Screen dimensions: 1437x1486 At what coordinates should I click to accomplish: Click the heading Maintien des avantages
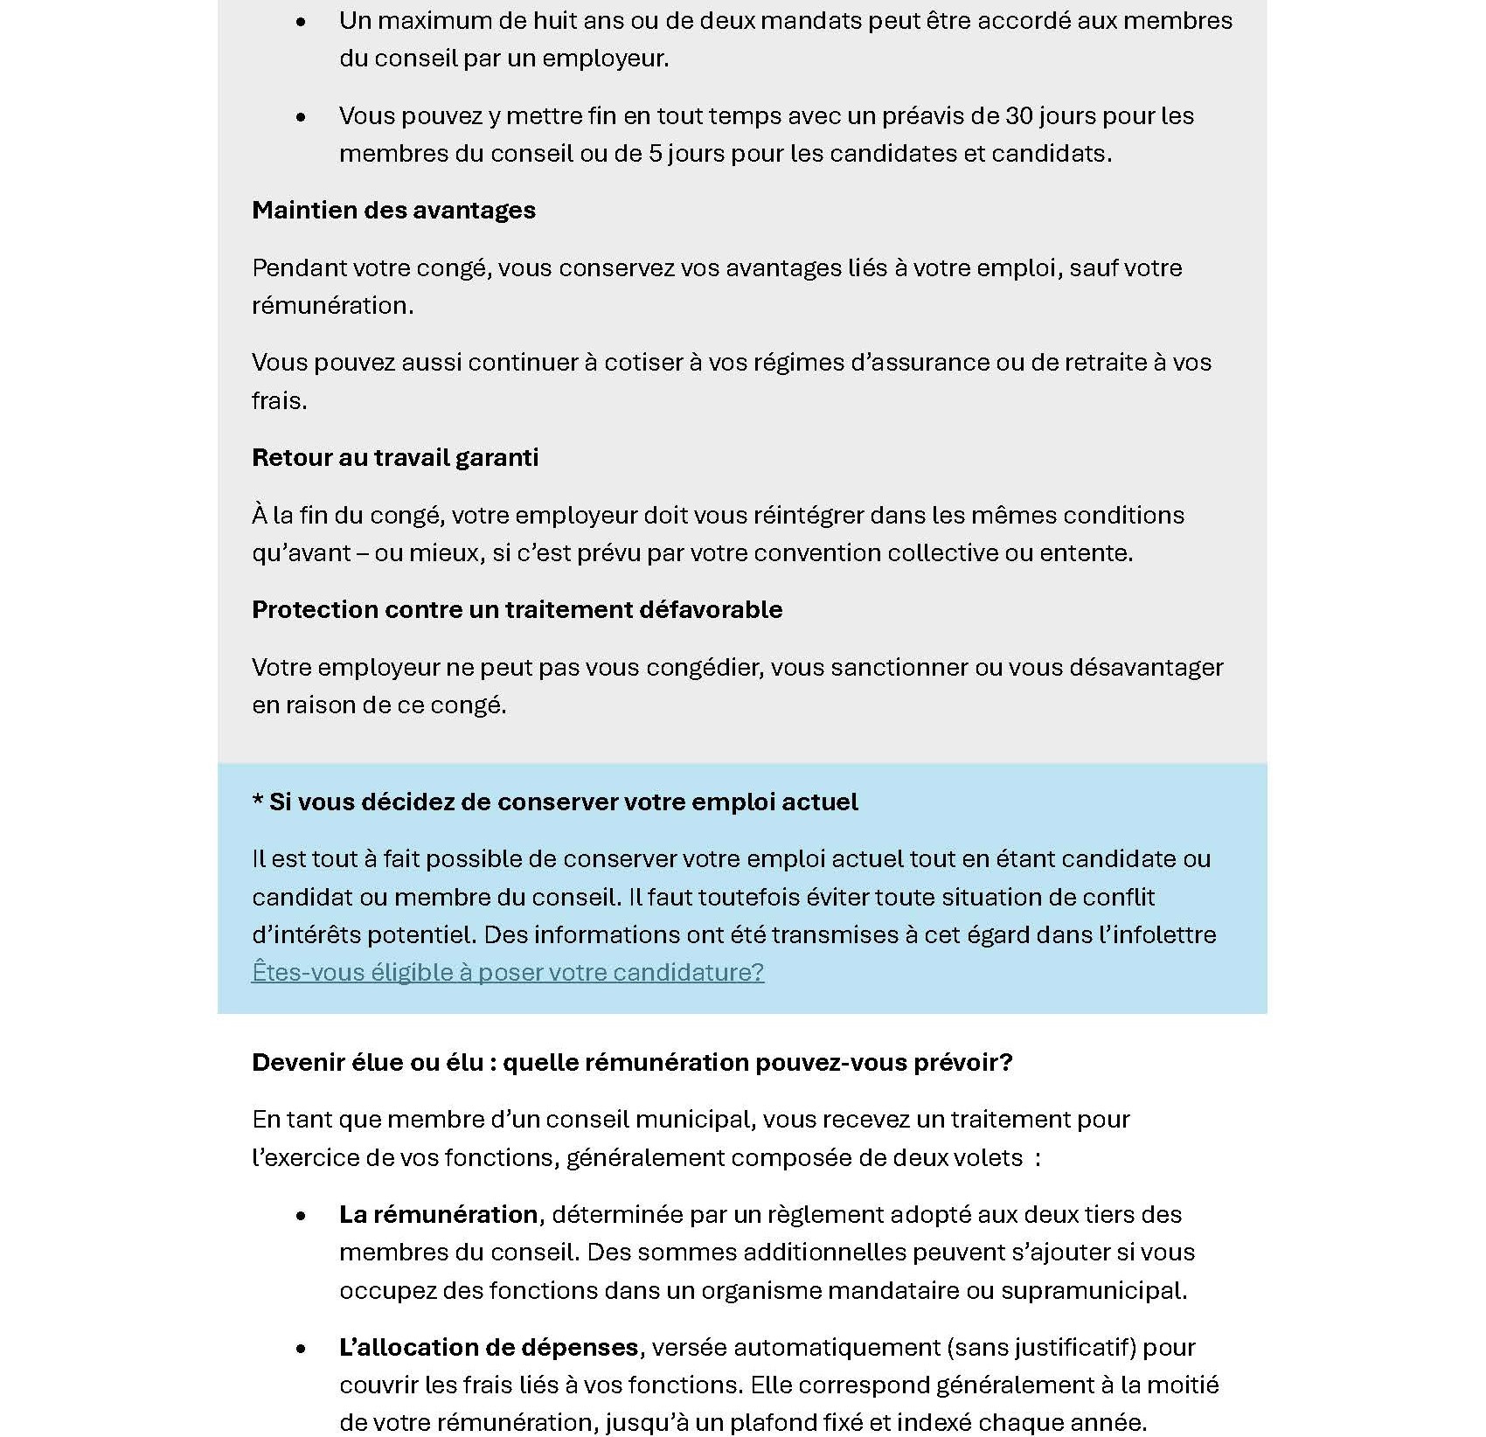pyautogui.click(x=393, y=211)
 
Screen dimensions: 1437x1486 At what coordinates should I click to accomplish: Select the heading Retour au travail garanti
pyautogui.click(x=395, y=458)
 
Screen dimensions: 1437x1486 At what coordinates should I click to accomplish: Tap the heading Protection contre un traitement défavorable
pyautogui.click(x=517, y=610)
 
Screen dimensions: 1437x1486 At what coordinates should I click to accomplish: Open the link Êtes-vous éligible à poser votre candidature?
pyautogui.click(x=508, y=972)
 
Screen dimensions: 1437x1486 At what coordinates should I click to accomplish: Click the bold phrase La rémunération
pyautogui.click(x=438, y=1214)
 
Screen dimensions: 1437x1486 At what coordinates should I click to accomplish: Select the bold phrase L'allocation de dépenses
pyautogui.click(x=489, y=1347)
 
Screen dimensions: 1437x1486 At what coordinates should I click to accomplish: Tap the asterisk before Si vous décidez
pyautogui.click(x=258, y=802)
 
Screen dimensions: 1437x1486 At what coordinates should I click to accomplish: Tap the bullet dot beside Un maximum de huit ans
pyautogui.click(x=302, y=22)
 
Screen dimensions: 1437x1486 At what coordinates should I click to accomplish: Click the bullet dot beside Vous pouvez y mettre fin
pyautogui.click(x=302, y=117)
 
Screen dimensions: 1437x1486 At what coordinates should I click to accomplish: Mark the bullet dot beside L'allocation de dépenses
pyautogui.click(x=302, y=1349)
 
